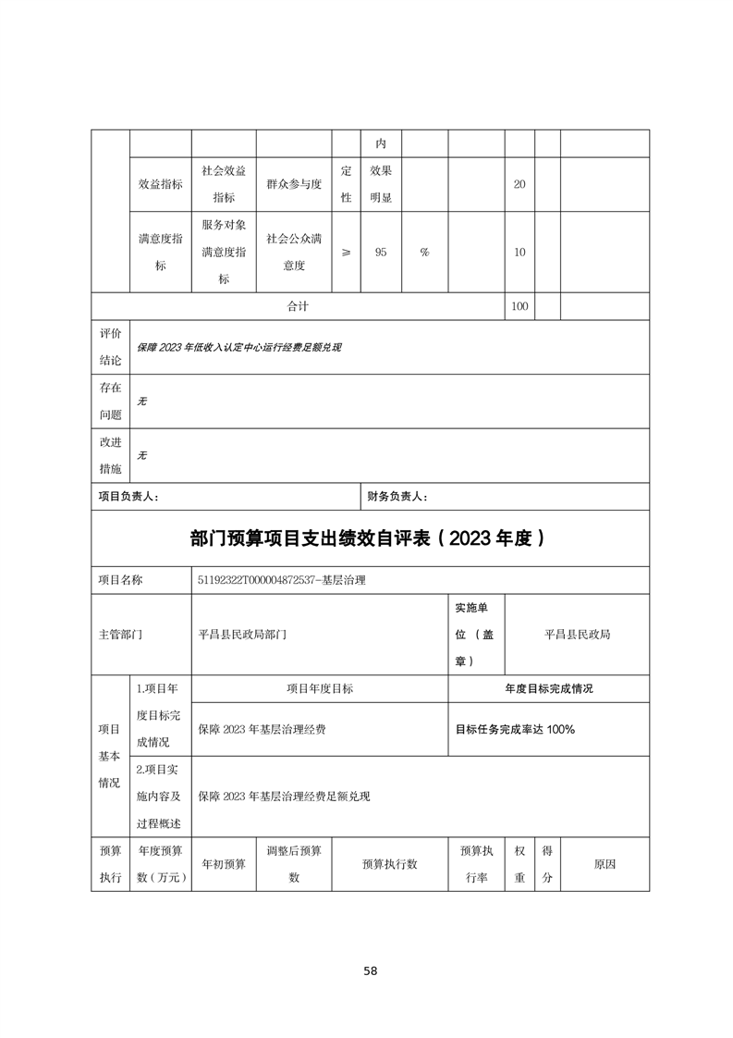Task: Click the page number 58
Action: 370,970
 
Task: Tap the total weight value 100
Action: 519,306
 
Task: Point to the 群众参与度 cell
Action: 293,184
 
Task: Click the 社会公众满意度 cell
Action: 293,252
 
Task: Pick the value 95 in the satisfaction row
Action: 381,252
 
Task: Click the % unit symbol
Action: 424,252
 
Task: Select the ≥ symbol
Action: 346,252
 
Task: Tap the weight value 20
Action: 519,184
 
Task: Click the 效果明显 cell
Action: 381,184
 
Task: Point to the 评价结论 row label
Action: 110,347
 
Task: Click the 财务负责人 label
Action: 397,497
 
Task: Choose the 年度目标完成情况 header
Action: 548,688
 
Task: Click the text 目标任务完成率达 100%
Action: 515,729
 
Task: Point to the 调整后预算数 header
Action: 293,864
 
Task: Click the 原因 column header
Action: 605,864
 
